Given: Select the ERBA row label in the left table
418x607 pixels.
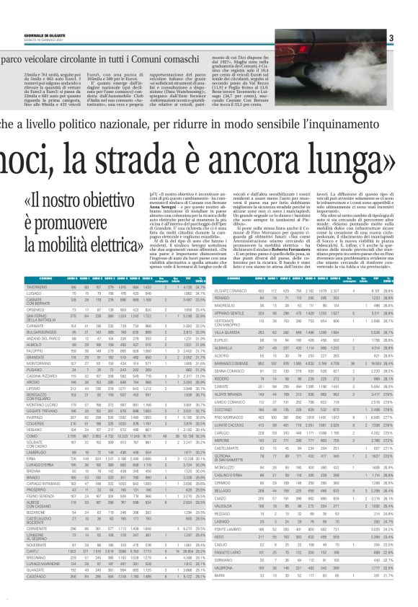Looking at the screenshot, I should tap(12, 438).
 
